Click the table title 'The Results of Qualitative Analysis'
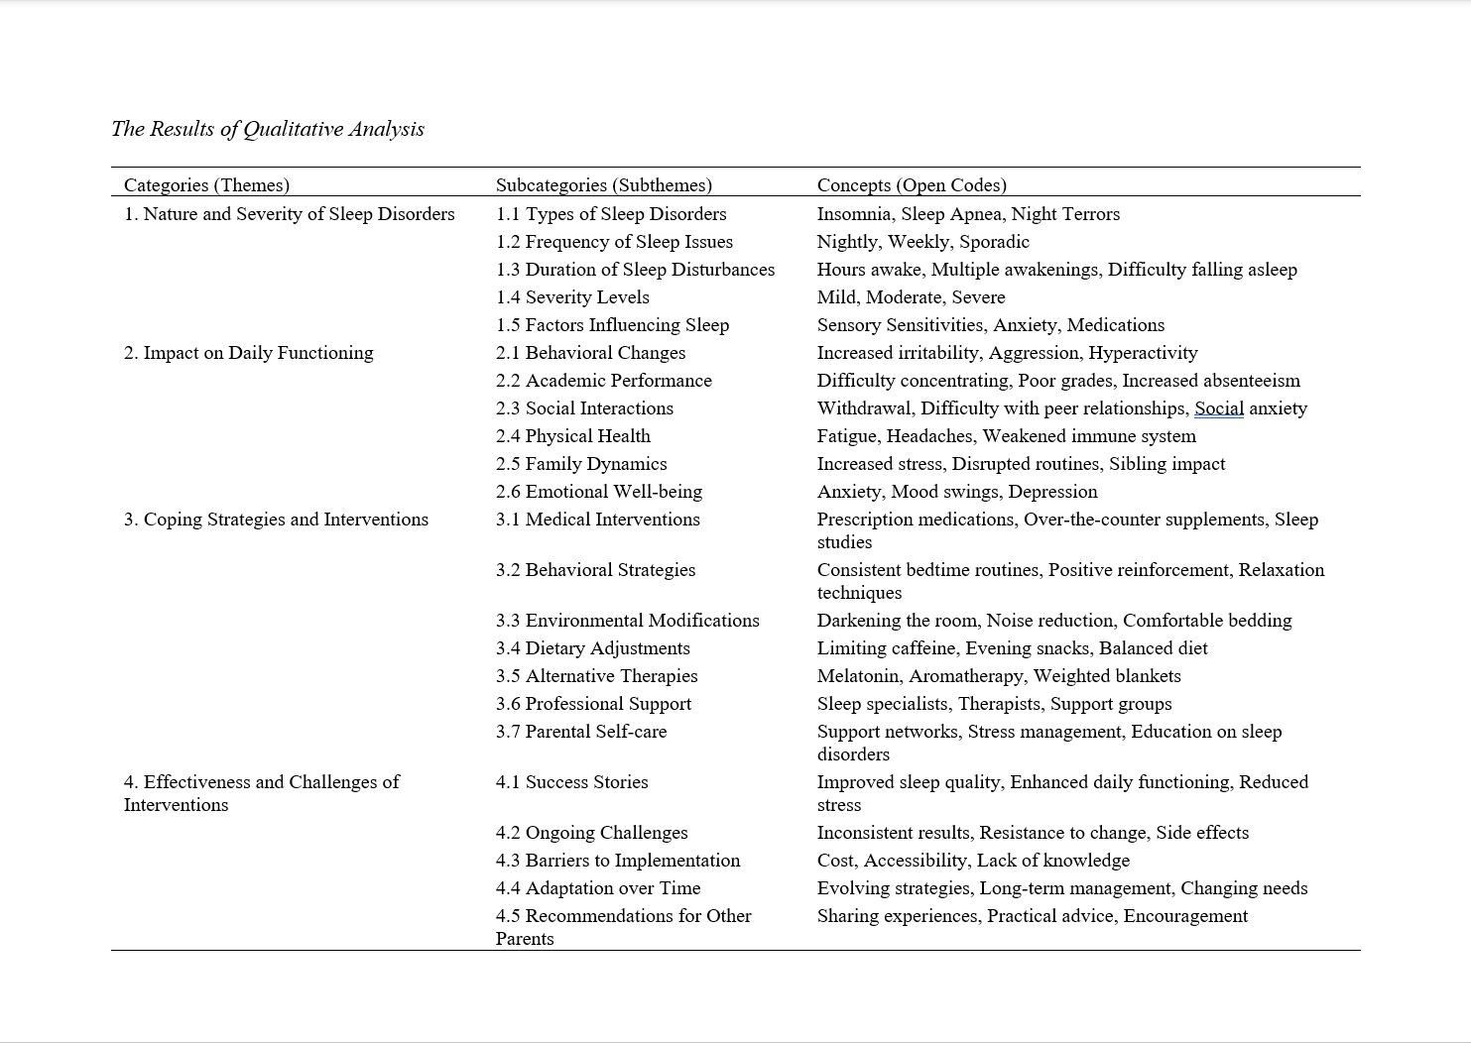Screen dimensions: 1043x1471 [x=268, y=129]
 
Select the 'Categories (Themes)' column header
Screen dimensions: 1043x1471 [x=206, y=185]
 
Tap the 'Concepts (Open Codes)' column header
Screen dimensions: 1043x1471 [x=912, y=185]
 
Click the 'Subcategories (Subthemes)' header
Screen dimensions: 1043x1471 [x=604, y=185]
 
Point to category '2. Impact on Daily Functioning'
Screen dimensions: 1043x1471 [x=249, y=353]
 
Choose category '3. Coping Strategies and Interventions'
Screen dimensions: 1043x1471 [x=276, y=520]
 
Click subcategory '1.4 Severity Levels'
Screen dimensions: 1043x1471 [x=572, y=297]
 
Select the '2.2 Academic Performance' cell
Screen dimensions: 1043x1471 [x=604, y=381]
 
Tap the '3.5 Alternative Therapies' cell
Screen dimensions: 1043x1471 [x=597, y=676]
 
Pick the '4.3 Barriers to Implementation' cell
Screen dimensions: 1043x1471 [x=618, y=861]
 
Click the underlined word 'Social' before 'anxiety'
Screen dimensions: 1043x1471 [x=1219, y=408]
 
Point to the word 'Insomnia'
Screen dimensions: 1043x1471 [x=854, y=214]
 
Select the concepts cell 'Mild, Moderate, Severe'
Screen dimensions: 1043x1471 [x=911, y=297]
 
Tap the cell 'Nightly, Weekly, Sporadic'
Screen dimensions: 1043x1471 [x=922, y=242]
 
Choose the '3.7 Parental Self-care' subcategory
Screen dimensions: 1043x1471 [x=581, y=732]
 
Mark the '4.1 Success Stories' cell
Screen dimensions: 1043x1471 [x=572, y=782]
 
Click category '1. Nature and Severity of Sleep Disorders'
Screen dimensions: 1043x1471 [x=290, y=214]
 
